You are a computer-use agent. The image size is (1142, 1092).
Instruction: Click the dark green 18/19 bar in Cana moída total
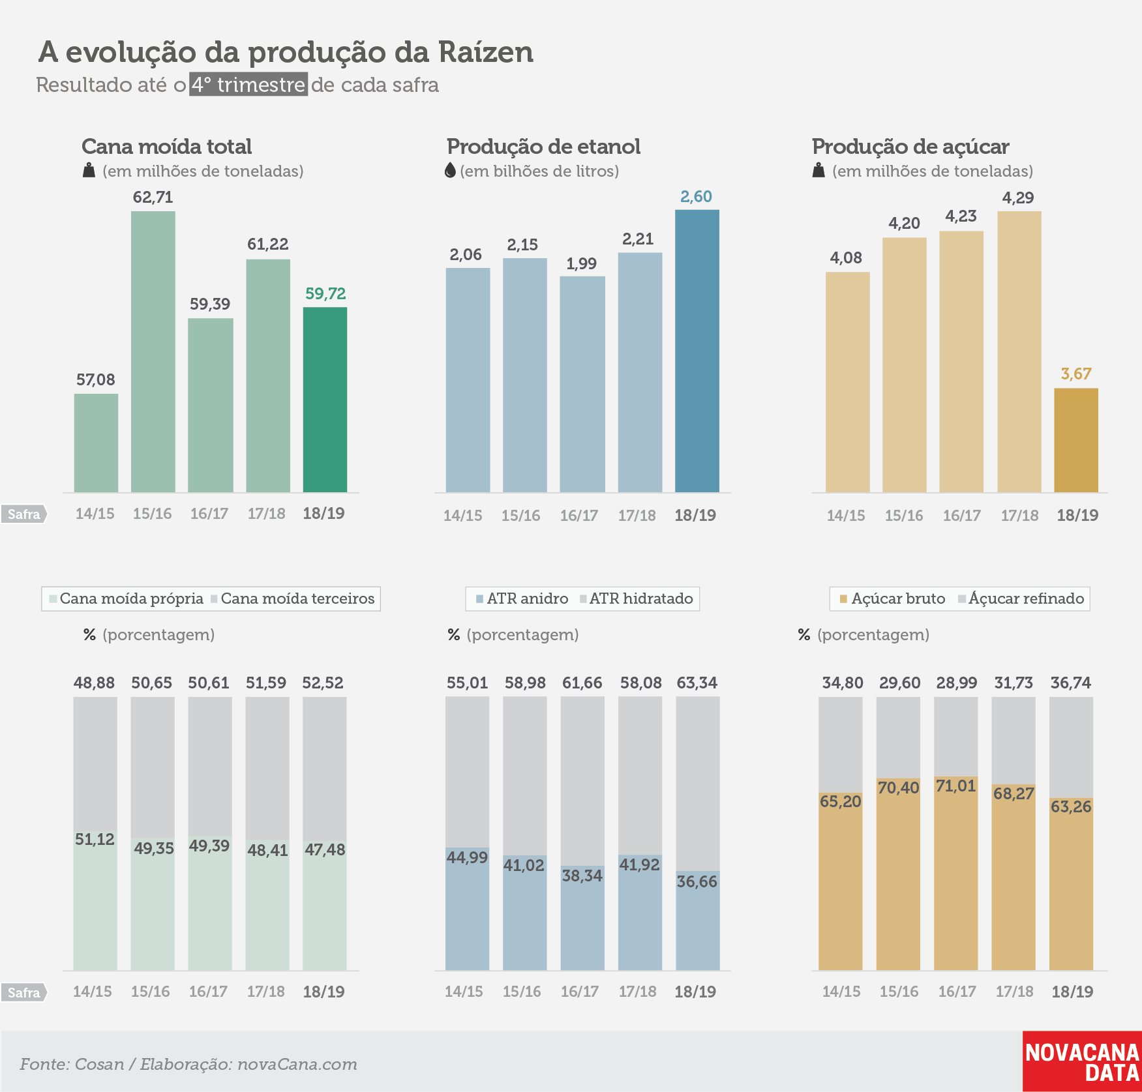point(325,400)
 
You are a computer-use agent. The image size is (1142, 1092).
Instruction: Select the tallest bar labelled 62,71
point(153,351)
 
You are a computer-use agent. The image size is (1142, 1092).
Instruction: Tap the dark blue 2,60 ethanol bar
point(697,351)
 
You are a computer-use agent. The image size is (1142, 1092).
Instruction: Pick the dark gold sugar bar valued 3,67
point(1076,440)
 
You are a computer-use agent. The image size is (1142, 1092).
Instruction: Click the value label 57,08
point(96,379)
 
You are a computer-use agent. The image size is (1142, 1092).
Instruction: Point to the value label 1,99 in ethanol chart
point(582,263)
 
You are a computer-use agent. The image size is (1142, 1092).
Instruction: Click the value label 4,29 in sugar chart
point(1018,198)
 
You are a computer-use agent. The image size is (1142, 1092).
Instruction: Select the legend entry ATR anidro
point(522,598)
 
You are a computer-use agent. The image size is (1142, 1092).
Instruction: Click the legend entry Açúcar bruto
point(892,598)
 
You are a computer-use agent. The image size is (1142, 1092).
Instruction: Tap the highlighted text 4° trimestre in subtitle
point(248,85)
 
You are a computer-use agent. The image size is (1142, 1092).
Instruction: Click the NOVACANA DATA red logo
point(1082,1061)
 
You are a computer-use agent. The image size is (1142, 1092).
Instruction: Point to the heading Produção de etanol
point(543,147)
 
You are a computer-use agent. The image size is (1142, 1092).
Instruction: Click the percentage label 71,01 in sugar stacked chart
point(956,786)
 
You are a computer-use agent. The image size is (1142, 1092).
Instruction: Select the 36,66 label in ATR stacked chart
point(697,881)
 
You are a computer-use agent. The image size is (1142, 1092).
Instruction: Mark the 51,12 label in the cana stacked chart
point(95,839)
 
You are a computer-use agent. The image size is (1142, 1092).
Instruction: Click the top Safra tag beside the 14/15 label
point(24,514)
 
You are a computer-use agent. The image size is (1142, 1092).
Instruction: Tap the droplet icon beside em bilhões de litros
point(450,171)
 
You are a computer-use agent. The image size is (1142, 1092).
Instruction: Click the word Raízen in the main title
point(486,52)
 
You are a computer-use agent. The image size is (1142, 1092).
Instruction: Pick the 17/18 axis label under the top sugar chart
point(1020,516)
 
